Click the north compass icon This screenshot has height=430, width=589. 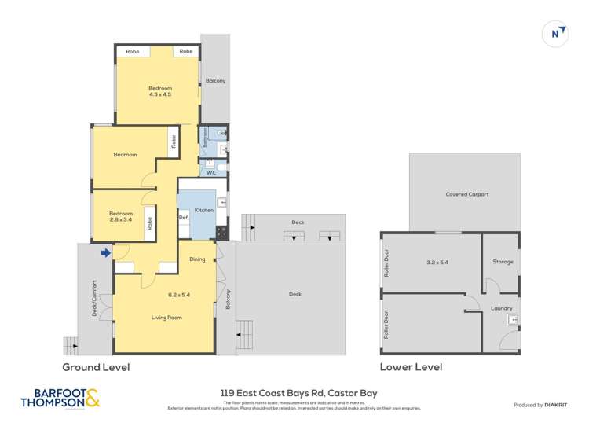coord(556,33)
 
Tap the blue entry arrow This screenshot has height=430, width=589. coord(106,252)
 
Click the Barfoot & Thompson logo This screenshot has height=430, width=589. coord(61,399)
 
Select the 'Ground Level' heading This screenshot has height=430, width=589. coord(96,367)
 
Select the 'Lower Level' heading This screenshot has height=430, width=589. coord(411,367)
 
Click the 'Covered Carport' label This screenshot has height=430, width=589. coord(466,194)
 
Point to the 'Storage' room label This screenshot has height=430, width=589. coord(503,262)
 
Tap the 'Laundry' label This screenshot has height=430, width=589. coord(501,308)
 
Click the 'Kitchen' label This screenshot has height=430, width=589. coord(203,210)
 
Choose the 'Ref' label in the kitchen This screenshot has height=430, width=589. coord(183,218)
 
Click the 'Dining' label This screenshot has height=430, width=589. coord(197,259)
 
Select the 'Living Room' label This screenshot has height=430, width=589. coord(166,318)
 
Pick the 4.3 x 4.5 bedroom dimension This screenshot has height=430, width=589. coord(160,94)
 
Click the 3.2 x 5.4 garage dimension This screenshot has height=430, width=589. coord(437,262)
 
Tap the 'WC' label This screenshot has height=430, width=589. coord(210,172)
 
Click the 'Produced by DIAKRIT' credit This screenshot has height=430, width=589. coord(540,405)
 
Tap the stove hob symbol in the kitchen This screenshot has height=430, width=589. coord(221,232)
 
